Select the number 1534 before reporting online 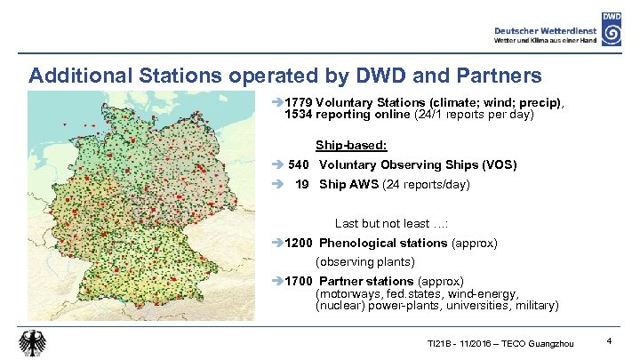pos(299,115)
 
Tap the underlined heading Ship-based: pos(351,145)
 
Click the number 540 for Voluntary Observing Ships pos(300,164)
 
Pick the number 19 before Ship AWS pos(302,185)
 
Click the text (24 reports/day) pos(426,185)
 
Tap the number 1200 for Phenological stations pos(299,243)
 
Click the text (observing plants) pos(365,262)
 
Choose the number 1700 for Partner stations pos(299,282)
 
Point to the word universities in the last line pos(473,305)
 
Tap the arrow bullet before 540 pos(278,164)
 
